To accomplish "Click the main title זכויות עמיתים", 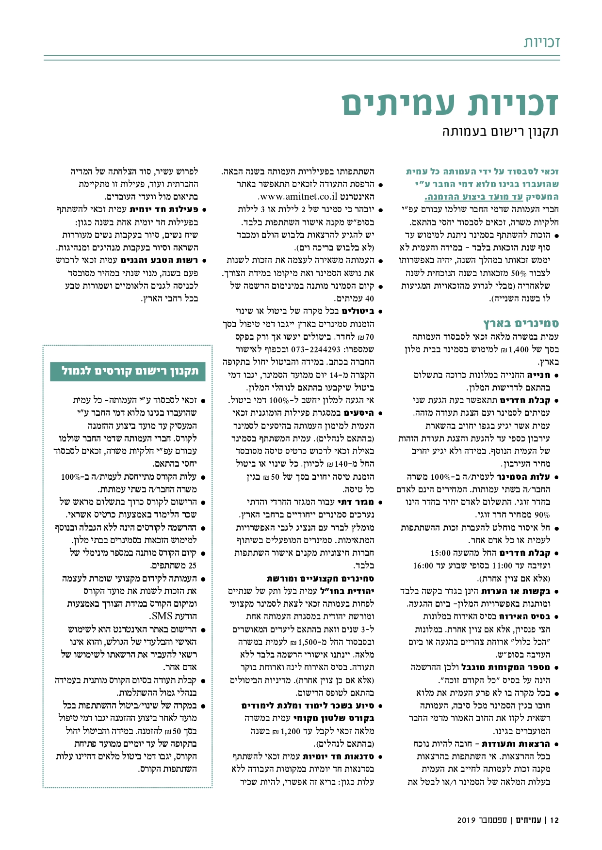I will pos(450,103).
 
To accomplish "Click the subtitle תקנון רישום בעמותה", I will pos(501,131).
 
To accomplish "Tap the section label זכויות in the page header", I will pos(541,42).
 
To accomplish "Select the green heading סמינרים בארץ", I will pos(521,323).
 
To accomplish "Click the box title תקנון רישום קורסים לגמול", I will pos(130,371).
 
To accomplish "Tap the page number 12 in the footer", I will pos(555,820).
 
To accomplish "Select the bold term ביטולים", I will pos(359,311).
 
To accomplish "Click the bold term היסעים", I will pos(359,413).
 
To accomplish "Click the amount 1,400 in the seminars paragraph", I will pos(518,349).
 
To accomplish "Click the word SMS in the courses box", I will pos(162,616).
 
